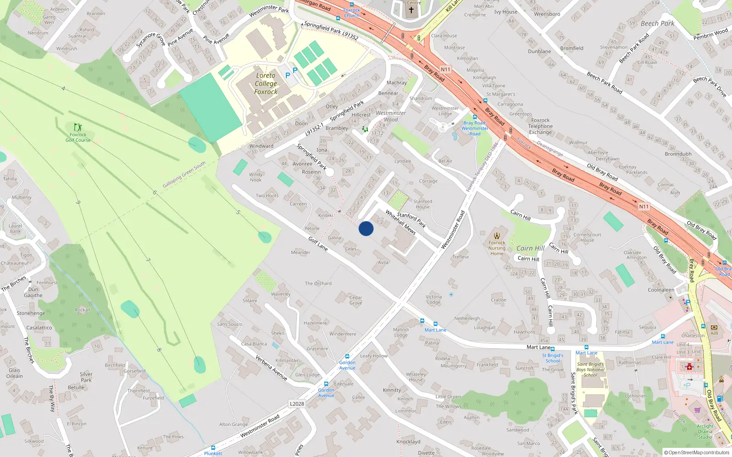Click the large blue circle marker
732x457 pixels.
tap(366, 228)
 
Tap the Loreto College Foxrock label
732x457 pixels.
tap(266, 84)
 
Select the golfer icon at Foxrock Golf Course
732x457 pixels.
tap(78, 127)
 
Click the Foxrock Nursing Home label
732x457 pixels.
tap(497, 248)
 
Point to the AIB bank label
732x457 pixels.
tap(714, 333)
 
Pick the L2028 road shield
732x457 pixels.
tap(296, 404)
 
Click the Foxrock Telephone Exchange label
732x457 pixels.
tap(540, 126)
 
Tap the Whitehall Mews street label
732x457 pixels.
tap(400, 222)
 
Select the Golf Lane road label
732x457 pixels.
tap(318, 244)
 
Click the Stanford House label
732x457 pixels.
tap(423, 204)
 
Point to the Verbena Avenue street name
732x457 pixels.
tap(271, 368)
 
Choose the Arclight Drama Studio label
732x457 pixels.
tap(705, 431)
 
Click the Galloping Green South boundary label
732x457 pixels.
tap(184, 175)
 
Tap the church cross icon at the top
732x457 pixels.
tap(411, 10)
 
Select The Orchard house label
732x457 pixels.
tap(318, 283)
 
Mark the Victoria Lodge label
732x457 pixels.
tap(434, 299)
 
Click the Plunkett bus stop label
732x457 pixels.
tap(213, 453)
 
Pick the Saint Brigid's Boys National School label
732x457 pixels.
tap(590, 370)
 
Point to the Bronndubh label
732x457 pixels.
tap(678, 154)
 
